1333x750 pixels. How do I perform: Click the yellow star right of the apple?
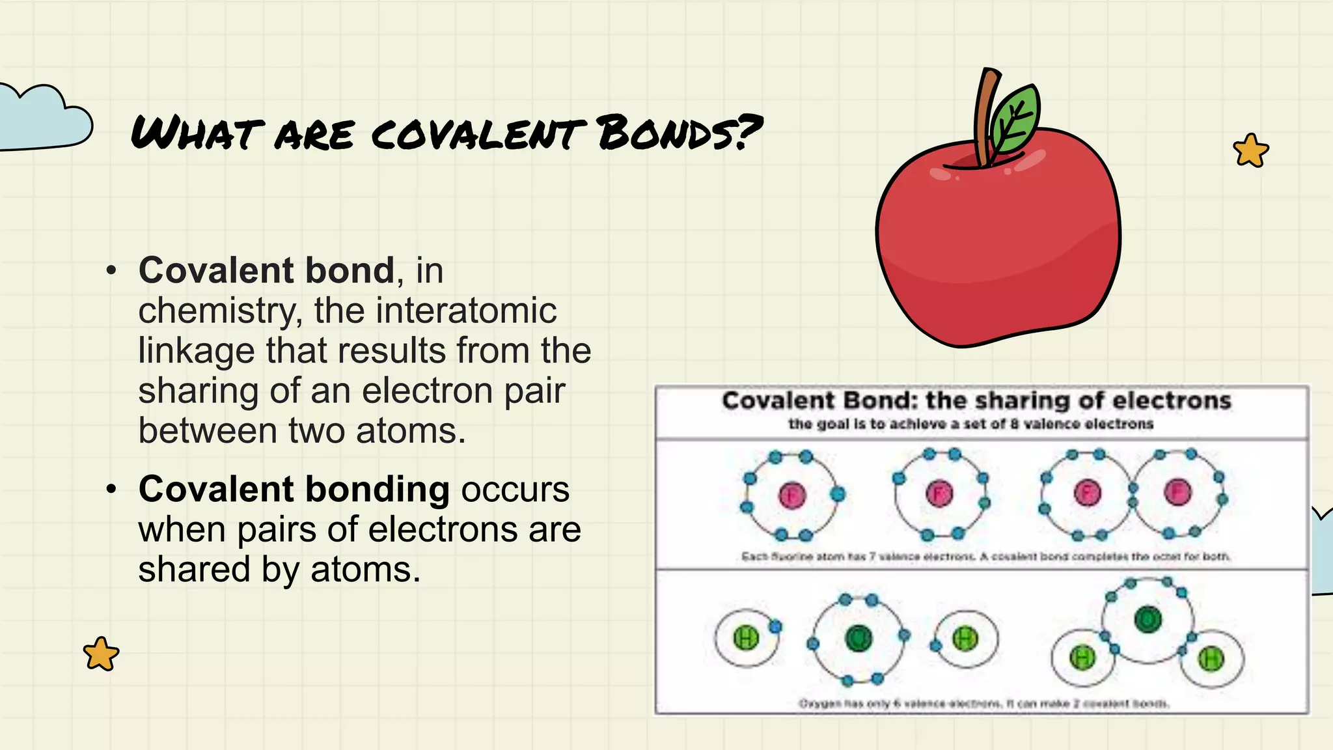1250,151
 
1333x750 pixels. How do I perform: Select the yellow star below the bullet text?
101,654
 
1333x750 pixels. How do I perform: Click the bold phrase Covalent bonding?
294,489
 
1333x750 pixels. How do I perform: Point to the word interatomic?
435,311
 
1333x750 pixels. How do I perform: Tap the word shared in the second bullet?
194,569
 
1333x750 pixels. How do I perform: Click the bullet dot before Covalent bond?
111,270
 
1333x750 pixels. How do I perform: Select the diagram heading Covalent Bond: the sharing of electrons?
976,400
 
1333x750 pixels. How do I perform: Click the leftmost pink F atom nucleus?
791,495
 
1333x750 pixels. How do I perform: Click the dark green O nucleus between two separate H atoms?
859,638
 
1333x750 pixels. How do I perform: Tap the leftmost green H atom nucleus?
746,638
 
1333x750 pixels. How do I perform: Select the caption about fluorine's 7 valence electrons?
985,557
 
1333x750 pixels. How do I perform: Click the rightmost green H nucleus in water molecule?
1211,659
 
